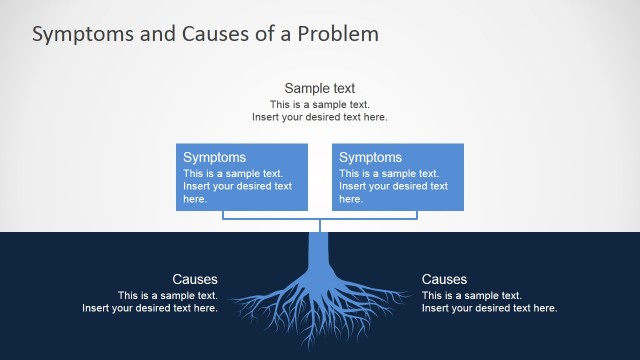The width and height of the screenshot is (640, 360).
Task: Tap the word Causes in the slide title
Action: [214, 34]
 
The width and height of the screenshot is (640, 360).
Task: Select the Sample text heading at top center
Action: [319, 88]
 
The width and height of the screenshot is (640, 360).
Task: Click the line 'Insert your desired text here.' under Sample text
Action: [319, 117]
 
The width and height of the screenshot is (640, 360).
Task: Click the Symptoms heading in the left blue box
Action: [214, 157]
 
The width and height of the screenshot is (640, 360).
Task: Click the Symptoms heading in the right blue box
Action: [370, 157]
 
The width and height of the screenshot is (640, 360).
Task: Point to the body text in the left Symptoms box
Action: [237, 185]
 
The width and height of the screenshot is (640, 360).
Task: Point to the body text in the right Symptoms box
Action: [393, 185]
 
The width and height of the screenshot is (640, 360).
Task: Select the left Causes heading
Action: [194, 279]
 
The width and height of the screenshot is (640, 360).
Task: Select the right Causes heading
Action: [444, 279]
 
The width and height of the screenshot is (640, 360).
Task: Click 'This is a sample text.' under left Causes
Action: [167, 295]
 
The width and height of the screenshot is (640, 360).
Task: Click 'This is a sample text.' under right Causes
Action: [472, 295]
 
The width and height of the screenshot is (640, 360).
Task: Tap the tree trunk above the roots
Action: [319, 250]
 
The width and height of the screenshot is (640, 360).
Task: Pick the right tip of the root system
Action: [408, 295]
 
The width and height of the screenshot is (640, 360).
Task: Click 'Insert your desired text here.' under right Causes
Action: [489, 308]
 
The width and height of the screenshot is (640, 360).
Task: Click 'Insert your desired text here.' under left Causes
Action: [150, 308]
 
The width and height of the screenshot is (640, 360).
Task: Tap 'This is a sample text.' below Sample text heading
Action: [319, 104]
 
